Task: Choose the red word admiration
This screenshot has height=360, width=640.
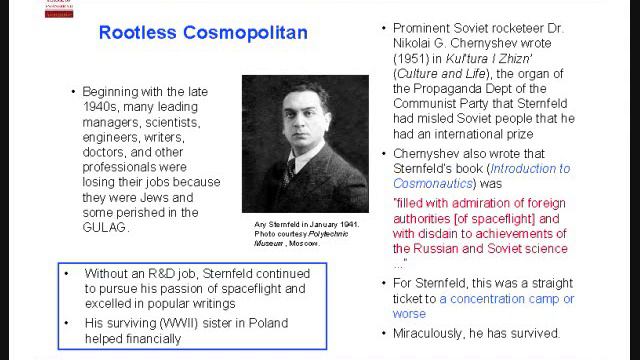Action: [x=477, y=201]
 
